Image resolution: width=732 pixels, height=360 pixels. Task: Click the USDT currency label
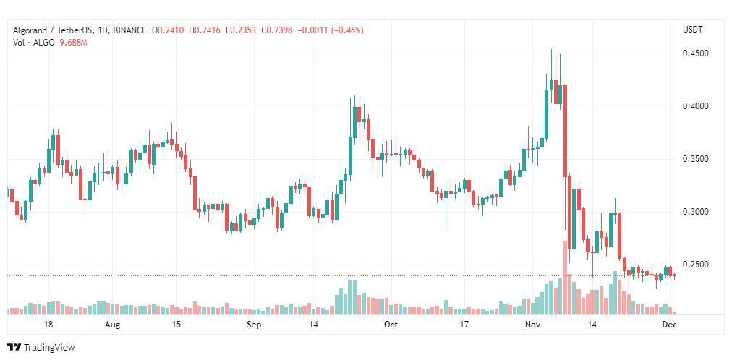click(693, 30)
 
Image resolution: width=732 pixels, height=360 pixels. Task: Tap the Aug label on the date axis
click(113, 325)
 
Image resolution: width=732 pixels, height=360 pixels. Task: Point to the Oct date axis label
click(391, 325)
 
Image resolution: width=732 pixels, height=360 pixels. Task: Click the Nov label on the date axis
click(532, 325)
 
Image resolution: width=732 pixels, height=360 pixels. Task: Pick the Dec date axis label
click(670, 325)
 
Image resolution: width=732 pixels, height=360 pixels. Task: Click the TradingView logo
click(41, 348)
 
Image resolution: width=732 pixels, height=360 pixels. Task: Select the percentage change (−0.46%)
click(347, 30)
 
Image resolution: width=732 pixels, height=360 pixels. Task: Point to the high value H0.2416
click(205, 30)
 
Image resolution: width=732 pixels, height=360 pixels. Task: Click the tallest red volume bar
click(564, 278)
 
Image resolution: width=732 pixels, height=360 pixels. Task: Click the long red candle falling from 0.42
click(565, 131)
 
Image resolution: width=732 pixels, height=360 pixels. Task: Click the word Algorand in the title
click(30, 31)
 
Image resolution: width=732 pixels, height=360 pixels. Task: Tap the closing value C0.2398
click(277, 30)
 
